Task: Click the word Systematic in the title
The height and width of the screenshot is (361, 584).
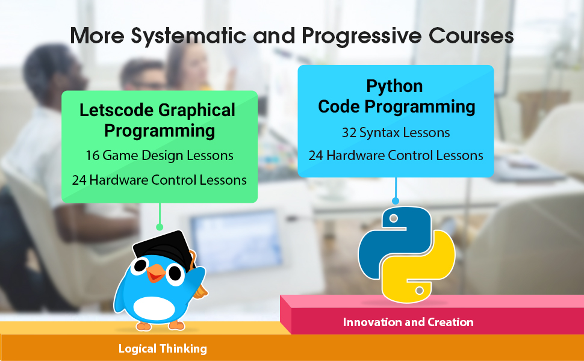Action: pyautogui.click(x=188, y=37)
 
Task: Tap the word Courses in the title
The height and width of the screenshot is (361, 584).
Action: pyautogui.click(x=471, y=35)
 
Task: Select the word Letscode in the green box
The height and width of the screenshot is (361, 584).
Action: pyautogui.click(x=116, y=110)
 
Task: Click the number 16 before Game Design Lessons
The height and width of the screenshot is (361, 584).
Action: pyautogui.click(x=92, y=156)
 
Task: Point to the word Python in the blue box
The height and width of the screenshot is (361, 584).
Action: pyautogui.click(x=394, y=87)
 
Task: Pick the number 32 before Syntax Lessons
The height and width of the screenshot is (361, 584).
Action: pyautogui.click(x=349, y=133)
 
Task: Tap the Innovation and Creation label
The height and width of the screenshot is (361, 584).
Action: pyautogui.click(x=408, y=322)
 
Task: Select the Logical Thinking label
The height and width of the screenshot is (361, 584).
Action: pyautogui.click(x=163, y=349)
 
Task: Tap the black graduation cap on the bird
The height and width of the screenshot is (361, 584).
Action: pyautogui.click(x=164, y=247)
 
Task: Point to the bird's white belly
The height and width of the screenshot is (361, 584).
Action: pyautogui.click(x=154, y=309)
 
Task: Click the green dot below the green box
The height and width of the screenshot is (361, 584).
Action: pyautogui.click(x=160, y=227)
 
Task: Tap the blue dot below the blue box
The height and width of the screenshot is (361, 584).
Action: pyautogui.click(x=396, y=201)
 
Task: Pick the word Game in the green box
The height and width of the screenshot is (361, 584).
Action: pyautogui.click(x=120, y=156)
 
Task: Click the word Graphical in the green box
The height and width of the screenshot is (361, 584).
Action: pyautogui.click(x=197, y=111)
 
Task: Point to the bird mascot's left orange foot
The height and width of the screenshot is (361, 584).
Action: pyautogui.click(x=143, y=326)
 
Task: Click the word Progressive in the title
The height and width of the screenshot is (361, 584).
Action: pyautogui.click(x=361, y=37)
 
